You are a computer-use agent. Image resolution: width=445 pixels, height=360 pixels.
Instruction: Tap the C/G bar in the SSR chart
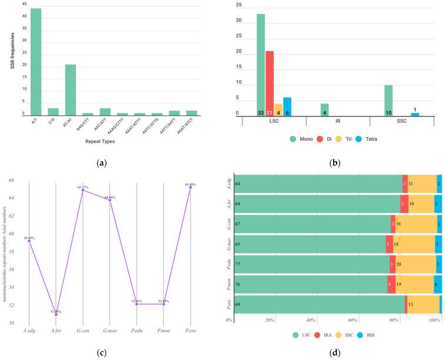(x=53, y=112)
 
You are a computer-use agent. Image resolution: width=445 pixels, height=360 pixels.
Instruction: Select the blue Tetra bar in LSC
(x=287, y=106)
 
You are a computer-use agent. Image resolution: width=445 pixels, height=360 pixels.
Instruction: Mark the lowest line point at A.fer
(x=56, y=281)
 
